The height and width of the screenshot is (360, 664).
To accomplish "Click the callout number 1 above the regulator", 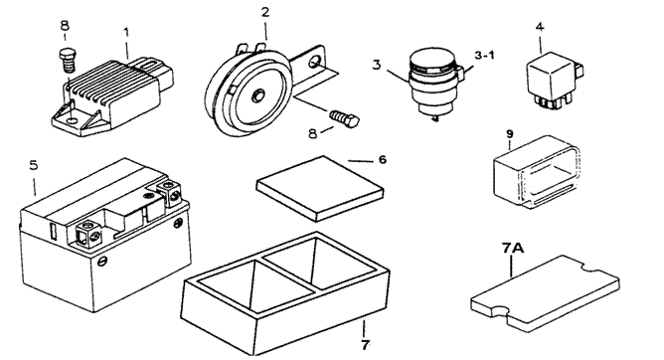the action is pyautogui.click(x=126, y=32).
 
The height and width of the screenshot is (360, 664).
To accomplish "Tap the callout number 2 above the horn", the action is pyautogui.click(x=265, y=12).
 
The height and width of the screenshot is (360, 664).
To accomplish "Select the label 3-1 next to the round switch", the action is pyautogui.click(x=484, y=55).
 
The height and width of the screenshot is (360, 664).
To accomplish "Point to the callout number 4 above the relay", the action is pyautogui.click(x=540, y=27).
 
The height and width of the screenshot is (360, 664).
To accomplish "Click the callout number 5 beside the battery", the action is pyautogui.click(x=34, y=165).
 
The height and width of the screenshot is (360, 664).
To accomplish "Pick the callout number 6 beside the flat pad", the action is pyautogui.click(x=382, y=160).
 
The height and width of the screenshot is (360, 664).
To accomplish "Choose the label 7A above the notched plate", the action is pyautogui.click(x=513, y=248).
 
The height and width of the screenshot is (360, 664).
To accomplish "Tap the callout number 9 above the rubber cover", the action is pyautogui.click(x=510, y=134).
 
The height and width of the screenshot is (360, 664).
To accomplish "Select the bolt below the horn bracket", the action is pyautogui.click(x=344, y=117).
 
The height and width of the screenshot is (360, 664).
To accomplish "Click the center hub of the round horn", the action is pyautogui.click(x=257, y=95).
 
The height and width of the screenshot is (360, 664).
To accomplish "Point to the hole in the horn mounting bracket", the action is pyautogui.click(x=315, y=63).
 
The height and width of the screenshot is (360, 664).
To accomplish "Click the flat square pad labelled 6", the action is pyautogui.click(x=320, y=188).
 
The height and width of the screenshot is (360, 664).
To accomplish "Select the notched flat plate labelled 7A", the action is pyautogui.click(x=546, y=293).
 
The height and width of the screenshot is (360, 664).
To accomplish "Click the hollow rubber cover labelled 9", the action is pyautogui.click(x=537, y=171).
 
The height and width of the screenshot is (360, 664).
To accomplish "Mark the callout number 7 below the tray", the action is pyautogui.click(x=365, y=345).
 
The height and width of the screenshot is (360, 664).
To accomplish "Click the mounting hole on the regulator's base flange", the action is pyautogui.click(x=73, y=121).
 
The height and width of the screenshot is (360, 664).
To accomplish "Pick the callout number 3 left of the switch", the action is pyautogui.click(x=377, y=65).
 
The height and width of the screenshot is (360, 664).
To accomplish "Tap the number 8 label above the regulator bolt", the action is pyautogui.click(x=65, y=26).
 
